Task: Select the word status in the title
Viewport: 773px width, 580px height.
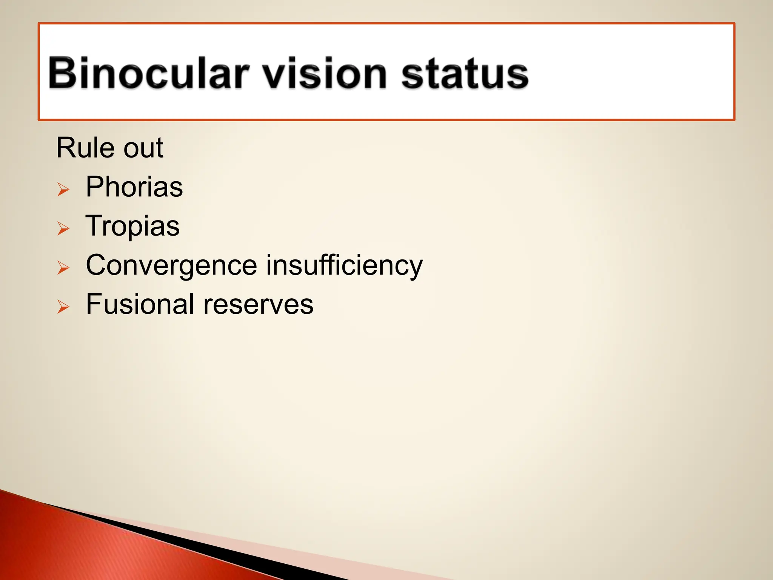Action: click(x=464, y=74)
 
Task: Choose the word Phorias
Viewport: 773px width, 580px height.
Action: click(x=134, y=187)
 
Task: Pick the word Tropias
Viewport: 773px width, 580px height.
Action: click(x=132, y=226)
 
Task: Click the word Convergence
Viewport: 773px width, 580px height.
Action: click(x=171, y=266)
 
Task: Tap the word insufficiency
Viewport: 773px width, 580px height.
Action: click(x=344, y=266)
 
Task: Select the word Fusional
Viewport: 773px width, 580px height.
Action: click(x=140, y=304)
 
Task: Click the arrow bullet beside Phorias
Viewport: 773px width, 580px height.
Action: click(x=63, y=189)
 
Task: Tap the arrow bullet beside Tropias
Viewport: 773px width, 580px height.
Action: click(x=63, y=228)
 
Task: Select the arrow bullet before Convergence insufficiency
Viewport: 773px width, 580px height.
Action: click(x=63, y=268)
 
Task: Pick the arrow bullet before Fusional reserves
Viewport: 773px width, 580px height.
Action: click(x=63, y=307)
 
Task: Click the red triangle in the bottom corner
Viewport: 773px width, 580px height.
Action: click(x=75, y=548)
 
